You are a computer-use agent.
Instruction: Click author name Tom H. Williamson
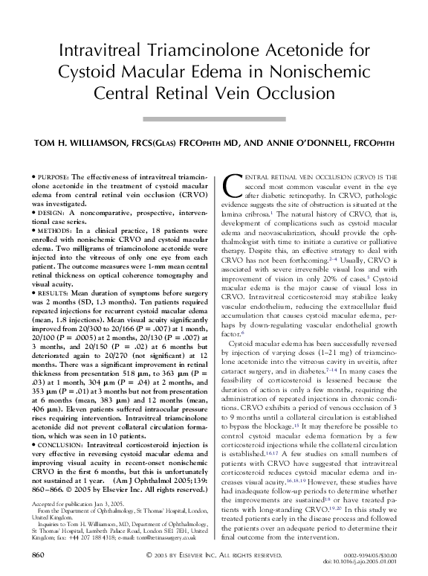(x=91, y=144)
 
